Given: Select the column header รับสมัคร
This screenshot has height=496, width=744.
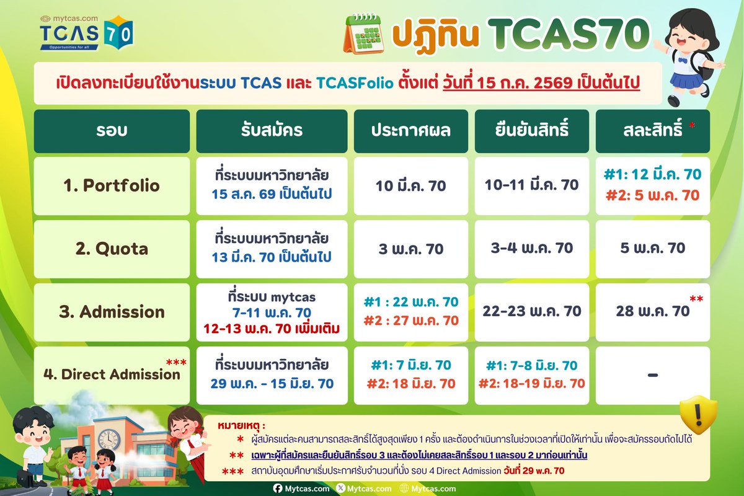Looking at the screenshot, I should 272,131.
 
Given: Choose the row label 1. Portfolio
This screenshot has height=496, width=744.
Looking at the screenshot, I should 112,186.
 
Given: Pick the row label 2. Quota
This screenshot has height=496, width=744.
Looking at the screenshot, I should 112,249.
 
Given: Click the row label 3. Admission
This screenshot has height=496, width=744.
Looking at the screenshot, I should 112,311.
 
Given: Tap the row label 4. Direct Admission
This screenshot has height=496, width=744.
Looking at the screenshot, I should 112,374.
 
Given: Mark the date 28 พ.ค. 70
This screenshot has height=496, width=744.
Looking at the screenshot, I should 653,311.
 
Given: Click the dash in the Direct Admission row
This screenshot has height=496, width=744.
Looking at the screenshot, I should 652,374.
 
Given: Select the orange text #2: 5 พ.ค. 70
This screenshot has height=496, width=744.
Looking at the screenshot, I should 652,195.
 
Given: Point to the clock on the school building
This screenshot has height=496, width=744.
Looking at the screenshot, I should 108,440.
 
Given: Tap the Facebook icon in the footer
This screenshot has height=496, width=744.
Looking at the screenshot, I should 278,489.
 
